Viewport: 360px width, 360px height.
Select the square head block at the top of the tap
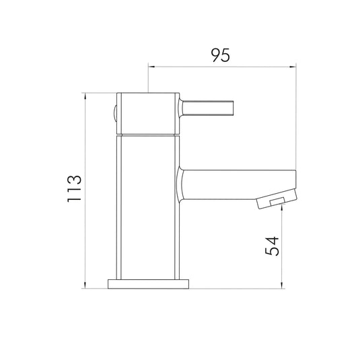pyautogui.click(x=149, y=112)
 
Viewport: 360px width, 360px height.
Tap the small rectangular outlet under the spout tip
pyautogui.click(x=275, y=201)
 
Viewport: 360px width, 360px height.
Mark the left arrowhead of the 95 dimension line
pyautogui.click(x=151, y=67)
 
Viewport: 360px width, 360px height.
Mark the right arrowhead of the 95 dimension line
pyautogui.click(x=293, y=67)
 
